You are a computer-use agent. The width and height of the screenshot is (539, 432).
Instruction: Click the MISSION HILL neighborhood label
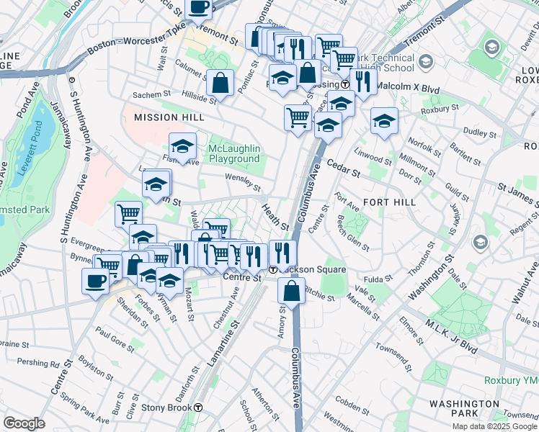tap(165, 117)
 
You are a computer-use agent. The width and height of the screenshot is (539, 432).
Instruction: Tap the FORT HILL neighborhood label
tap(389, 202)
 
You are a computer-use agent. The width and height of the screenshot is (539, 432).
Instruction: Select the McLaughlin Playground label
tap(233, 153)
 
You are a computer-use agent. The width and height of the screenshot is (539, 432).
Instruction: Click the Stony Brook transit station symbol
tap(197, 407)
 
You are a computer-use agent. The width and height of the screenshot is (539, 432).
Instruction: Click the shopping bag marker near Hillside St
tap(220, 81)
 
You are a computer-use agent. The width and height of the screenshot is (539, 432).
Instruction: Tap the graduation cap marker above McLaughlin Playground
tap(182, 146)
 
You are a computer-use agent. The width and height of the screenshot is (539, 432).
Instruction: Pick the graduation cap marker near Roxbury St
tap(385, 120)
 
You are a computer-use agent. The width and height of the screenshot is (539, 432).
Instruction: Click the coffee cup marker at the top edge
tap(199, 7)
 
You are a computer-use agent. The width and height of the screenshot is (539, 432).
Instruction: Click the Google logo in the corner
tap(24, 423)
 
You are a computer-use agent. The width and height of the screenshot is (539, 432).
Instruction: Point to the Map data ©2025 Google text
tap(494, 426)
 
